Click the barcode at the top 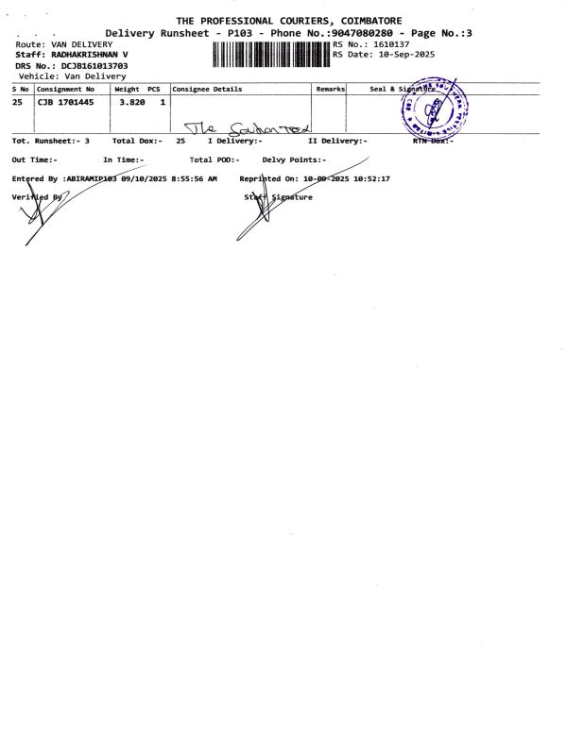(x=271, y=55)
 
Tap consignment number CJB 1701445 (x=65, y=102)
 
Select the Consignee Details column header (x=207, y=89)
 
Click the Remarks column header (x=330, y=89)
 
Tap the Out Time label (x=34, y=159)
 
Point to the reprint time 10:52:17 (x=372, y=177)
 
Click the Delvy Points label (x=293, y=159)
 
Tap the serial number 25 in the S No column (x=17, y=102)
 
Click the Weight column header (x=127, y=89)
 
